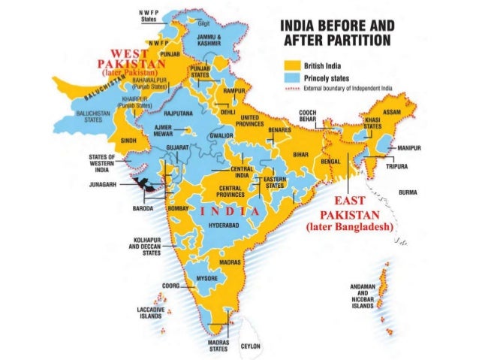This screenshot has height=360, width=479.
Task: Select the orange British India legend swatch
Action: pyautogui.click(x=291, y=66)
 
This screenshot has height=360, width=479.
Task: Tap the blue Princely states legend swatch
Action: pyautogui.click(x=291, y=77)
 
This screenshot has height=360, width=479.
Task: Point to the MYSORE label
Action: pyautogui.click(x=206, y=278)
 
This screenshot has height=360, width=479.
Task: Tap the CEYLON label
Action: pyautogui.click(x=249, y=346)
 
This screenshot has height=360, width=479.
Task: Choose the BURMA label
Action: pyautogui.click(x=408, y=192)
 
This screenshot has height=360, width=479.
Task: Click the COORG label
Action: pyautogui.click(x=170, y=286)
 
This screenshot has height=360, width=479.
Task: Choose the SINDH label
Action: pyautogui.click(x=128, y=140)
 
